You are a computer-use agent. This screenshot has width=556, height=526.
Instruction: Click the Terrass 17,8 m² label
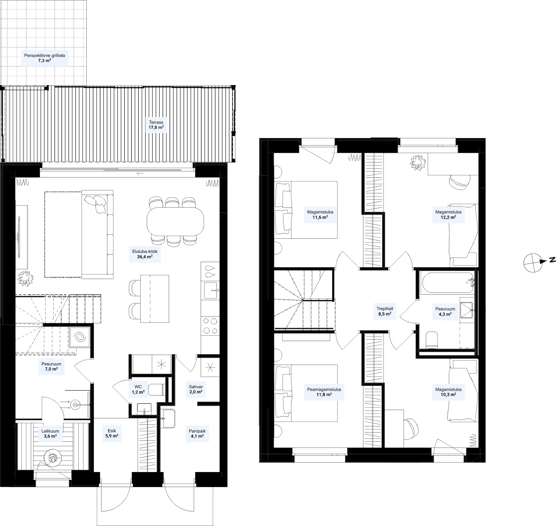[x=156, y=125]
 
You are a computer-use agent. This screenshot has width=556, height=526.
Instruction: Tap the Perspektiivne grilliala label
[x=44, y=56]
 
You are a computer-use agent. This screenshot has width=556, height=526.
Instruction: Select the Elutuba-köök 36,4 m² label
[x=145, y=254]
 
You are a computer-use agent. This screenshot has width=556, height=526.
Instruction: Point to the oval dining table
[x=175, y=221]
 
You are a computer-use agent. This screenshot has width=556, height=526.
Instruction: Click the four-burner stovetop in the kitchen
[x=210, y=326]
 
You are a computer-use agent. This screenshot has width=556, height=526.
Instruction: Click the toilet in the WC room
[x=156, y=389]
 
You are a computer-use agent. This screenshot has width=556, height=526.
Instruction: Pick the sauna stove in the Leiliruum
[x=53, y=458]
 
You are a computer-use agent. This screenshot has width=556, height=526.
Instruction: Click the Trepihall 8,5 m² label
[x=384, y=311]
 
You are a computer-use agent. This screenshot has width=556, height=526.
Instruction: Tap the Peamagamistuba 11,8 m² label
[x=324, y=392]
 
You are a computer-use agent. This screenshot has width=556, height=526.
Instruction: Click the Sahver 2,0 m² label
[x=196, y=389]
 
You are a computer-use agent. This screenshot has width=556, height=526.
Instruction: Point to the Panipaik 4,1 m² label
[x=197, y=433]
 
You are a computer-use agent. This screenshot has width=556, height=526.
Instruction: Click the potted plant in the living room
[x=25, y=278]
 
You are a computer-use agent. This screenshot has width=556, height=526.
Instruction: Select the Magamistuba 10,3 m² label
[x=448, y=392]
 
